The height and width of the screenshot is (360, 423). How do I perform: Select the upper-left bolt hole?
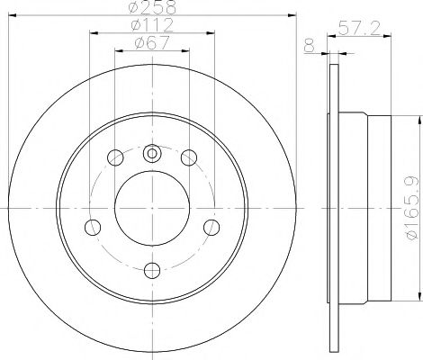[x=115, y=158]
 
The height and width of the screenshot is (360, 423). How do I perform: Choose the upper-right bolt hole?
[x=189, y=158]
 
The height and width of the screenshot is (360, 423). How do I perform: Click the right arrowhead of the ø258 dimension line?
[x=292, y=15]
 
